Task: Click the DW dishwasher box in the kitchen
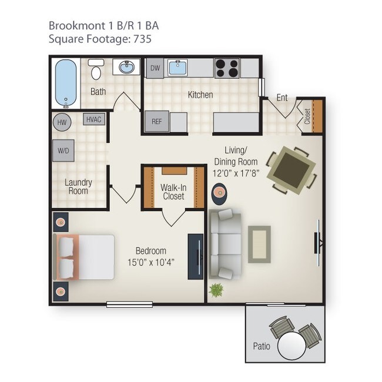(x=155, y=68)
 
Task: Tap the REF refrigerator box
(x=156, y=122)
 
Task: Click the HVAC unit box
(x=94, y=119)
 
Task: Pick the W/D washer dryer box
(x=63, y=150)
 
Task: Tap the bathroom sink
(x=126, y=68)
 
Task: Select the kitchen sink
(x=177, y=68)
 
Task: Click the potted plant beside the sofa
(x=216, y=289)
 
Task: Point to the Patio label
(x=262, y=346)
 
